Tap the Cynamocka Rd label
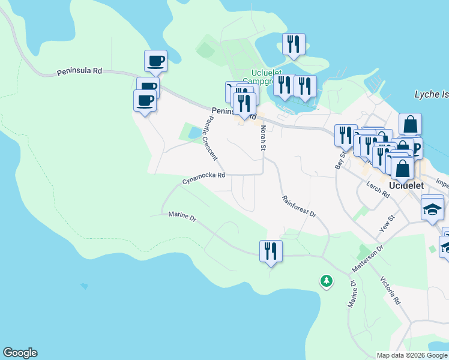204,176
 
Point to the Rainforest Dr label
298,206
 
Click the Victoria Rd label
390,290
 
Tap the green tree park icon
326,280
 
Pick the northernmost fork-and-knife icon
294,44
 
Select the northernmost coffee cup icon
155,60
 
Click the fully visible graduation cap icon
432,209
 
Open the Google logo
20,353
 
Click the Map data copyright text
412,355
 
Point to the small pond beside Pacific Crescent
194,133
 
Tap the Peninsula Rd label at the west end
80,71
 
